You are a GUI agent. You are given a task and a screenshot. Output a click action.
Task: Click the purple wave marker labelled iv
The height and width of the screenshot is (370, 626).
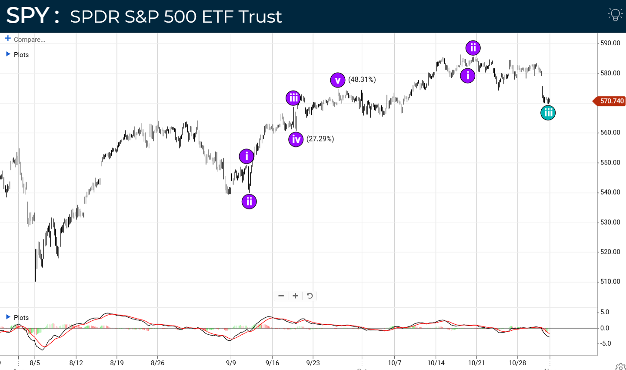tap(296, 139)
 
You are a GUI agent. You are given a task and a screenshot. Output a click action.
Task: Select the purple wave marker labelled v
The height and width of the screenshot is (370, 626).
tap(338, 80)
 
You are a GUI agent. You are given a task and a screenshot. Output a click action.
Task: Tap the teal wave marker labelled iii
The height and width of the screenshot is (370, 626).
tap(548, 113)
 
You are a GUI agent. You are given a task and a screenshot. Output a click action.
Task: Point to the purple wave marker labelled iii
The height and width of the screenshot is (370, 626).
tap(293, 98)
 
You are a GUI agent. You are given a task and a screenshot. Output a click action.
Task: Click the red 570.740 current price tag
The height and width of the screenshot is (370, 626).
tap(610, 101)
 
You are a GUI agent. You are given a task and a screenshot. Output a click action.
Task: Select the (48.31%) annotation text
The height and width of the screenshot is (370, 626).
tap(362, 80)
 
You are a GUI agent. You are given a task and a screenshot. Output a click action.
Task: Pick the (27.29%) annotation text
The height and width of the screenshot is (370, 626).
tap(320, 139)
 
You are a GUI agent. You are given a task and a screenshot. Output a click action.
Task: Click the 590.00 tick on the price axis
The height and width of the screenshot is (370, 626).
tap(610, 43)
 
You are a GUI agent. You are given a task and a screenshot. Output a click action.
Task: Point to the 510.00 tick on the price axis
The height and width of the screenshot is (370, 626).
tap(610, 282)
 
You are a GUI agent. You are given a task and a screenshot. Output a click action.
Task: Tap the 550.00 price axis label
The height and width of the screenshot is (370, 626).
tap(610, 162)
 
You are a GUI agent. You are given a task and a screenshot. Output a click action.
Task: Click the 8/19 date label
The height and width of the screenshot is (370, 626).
tap(117, 363)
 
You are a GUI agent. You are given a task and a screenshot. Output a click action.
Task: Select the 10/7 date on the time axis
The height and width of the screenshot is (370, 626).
tap(394, 363)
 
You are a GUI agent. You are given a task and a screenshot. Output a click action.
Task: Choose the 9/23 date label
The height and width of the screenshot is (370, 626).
tap(313, 363)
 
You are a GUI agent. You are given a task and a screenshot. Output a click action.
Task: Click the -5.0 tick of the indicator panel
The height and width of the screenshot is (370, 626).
tap(606, 343)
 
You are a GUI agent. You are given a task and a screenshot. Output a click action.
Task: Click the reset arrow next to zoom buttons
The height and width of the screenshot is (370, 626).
tap(310, 296)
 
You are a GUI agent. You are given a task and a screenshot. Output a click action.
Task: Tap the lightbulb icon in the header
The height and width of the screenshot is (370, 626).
tap(615, 14)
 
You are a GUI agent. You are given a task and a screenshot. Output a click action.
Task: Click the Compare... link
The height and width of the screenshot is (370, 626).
tap(29, 40)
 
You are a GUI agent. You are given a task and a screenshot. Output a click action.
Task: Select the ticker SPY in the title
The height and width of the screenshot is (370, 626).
tap(28, 16)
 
